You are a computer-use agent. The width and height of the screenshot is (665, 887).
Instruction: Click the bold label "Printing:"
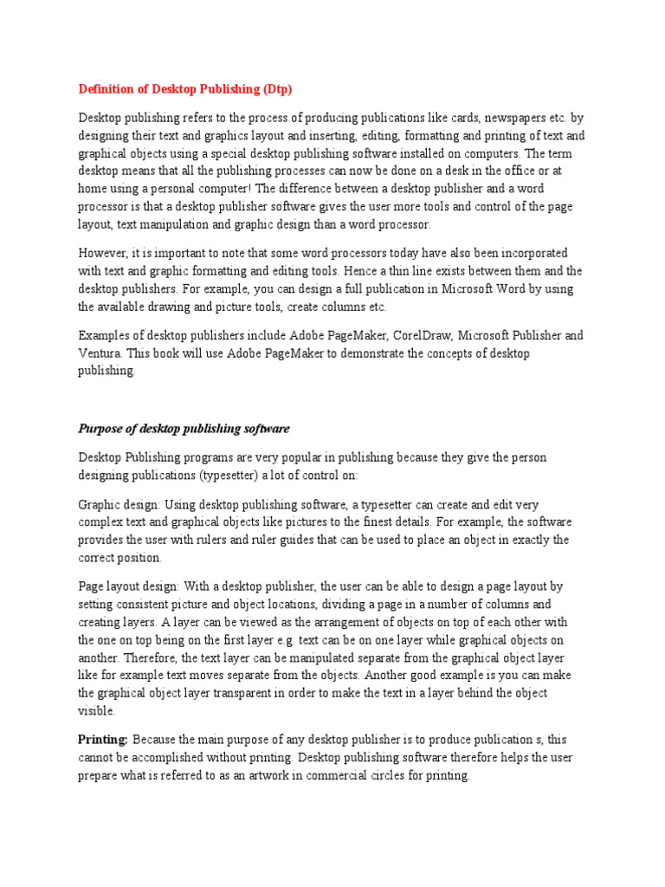(x=103, y=739)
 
